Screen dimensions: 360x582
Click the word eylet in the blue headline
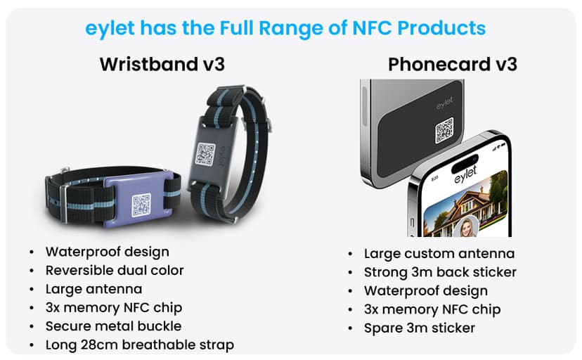(x=110, y=28)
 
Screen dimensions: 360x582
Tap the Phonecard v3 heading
(x=453, y=65)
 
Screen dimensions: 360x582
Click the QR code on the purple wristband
(x=141, y=204)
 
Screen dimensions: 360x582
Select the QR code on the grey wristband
(x=205, y=154)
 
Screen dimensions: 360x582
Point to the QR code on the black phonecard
(x=444, y=129)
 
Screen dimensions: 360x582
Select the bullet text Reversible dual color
(x=115, y=270)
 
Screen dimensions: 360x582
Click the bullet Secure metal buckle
(x=113, y=326)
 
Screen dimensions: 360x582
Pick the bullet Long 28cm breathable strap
(x=139, y=345)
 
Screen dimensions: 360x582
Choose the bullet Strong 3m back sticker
(x=440, y=272)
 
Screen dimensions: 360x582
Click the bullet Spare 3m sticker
(x=419, y=328)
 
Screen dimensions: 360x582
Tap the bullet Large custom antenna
(x=439, y=253)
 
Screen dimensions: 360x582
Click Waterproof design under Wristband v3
(x=107, y=251)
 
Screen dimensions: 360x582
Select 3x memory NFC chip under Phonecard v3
(x=432, y=309)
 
